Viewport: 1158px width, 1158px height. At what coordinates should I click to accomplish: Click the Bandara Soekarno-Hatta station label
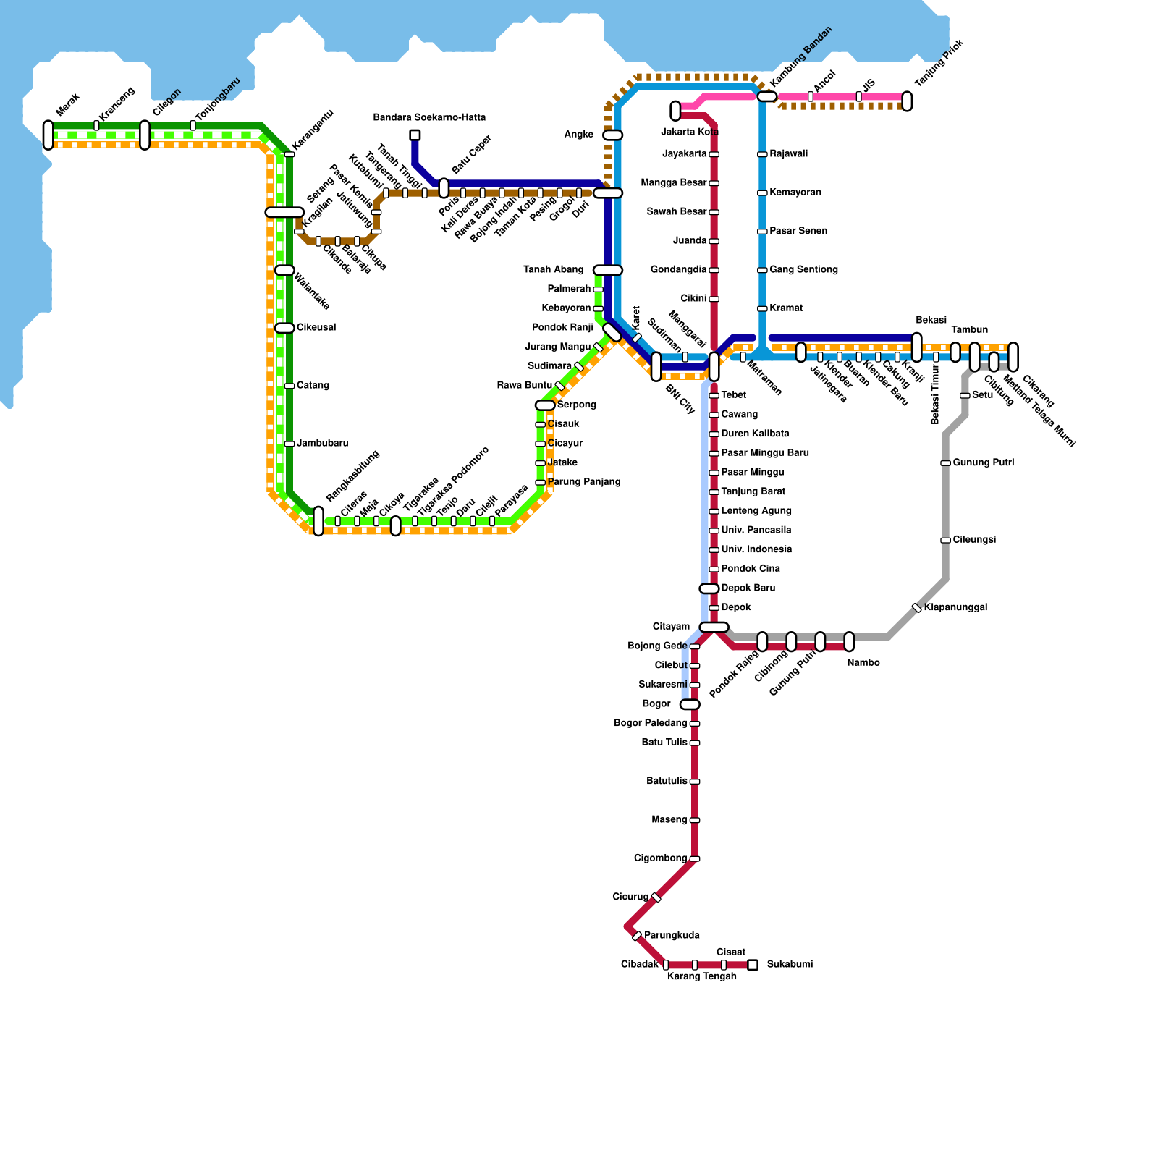[429, 118]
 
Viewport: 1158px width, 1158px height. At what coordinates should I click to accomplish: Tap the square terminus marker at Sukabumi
[753, 965]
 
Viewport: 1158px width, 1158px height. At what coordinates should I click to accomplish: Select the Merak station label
[67, 105]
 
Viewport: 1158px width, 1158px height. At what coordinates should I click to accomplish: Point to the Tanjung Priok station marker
[907, 101]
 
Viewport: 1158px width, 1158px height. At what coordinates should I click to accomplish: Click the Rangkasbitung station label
[352, 476]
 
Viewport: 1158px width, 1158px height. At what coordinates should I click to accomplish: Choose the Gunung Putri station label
[983, 463]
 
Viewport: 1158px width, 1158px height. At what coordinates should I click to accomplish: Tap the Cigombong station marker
[695, 859]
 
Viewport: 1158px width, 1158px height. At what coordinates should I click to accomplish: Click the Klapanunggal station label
[955, 608]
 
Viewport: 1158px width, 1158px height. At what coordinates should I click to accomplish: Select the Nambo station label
[863, 663]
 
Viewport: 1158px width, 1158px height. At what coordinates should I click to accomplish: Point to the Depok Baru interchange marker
[709, 589]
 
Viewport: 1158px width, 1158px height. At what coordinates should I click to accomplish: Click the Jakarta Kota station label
[689, 132]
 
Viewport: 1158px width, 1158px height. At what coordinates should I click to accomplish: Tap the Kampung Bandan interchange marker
[767, 96]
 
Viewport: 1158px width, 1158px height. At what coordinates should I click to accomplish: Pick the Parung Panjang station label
[584, 482]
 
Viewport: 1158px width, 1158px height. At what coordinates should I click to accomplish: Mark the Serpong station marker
[545, 405]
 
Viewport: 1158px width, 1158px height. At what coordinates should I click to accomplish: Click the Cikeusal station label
[316, 328]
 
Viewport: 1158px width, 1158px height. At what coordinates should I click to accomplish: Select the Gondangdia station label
[678, 270]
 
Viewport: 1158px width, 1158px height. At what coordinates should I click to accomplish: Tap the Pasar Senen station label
[798, 232]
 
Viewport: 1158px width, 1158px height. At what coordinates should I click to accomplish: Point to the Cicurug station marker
[656, 897]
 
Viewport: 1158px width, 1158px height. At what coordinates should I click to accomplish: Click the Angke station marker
[613, 135]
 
